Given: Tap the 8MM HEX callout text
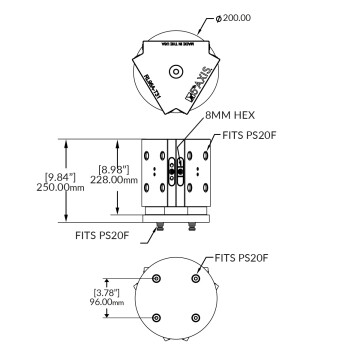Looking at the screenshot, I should click(x=231, y=117).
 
